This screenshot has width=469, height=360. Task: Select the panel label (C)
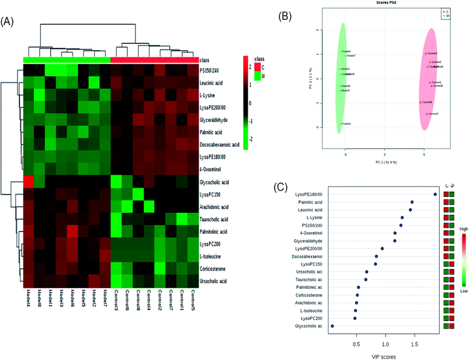[x=282, y=188]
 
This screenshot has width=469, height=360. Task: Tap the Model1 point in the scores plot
[x=341, y=124]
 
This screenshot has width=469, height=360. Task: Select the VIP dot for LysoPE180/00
[x=435, y=194]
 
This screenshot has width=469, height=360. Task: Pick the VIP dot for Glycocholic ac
[x=332, y=326]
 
